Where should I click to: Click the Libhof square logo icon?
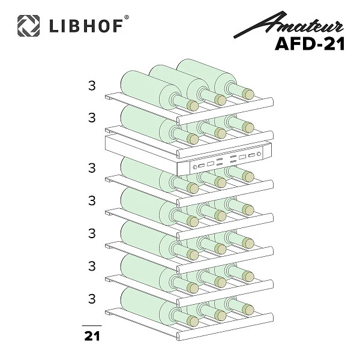(28, 25)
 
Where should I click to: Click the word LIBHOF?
(86, 26)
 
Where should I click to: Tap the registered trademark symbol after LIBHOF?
(127, 17)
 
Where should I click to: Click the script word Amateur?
(289, 25)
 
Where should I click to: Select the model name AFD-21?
(310, 44)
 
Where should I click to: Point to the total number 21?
(92, 336)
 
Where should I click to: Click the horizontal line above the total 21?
(92, 326)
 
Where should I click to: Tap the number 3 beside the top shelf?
(92, 86)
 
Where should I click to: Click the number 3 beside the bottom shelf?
(92, 299)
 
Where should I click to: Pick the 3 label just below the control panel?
(92, 168)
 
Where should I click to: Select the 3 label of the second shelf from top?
(92, 118)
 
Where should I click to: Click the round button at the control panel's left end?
(195, 167)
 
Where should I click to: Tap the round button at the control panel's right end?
(259, 154)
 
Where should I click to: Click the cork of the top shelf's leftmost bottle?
(193, 106)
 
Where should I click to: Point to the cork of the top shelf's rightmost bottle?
(248, 94)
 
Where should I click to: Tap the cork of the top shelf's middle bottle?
(220, 100)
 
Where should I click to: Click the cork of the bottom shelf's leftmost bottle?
(193, 321)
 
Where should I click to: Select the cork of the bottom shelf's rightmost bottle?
(248, 309)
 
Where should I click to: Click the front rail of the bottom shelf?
(225, 326)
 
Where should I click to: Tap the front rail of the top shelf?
(225, 111)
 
